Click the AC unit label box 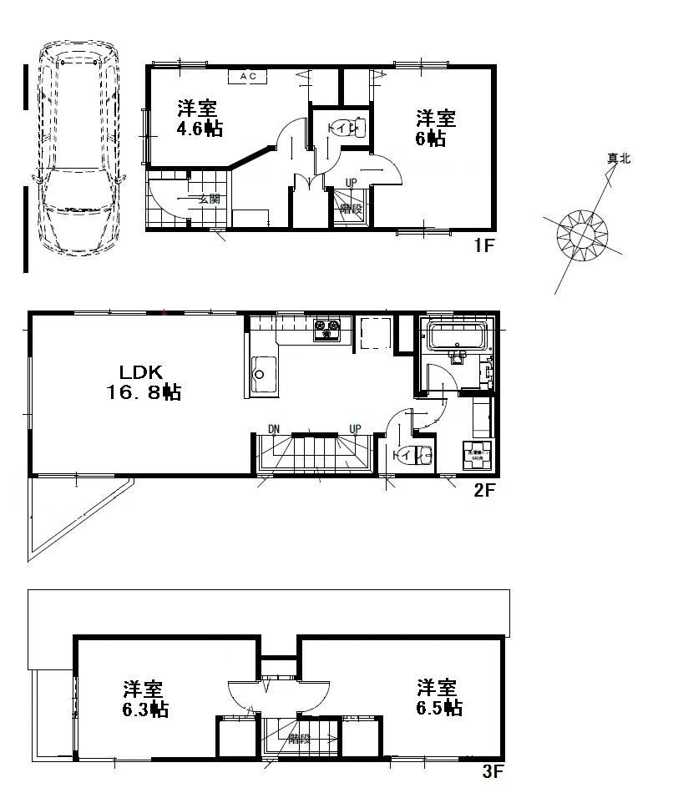tap(247, 76)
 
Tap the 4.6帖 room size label tap(199, 129)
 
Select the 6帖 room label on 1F tap(431, 139)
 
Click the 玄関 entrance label tap(209, 199)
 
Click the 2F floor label tap(485, 491)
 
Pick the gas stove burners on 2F tap(326, 330)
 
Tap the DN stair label tap(273, 429)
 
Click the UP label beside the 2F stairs tap(355, 429)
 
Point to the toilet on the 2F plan tap(411, 455)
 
